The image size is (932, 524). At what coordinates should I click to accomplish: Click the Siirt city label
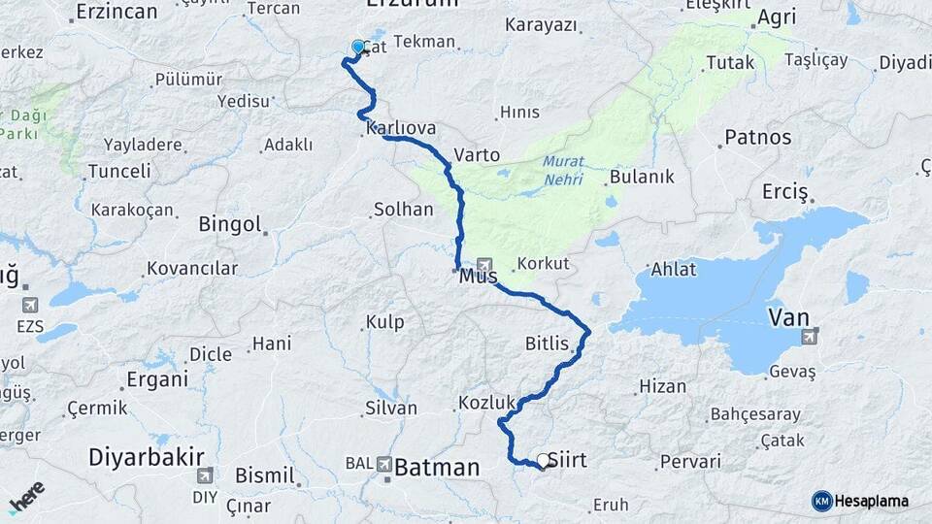pyautogui.click(x=568, y=460)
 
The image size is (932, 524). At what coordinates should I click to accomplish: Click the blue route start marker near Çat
pyautogui.click(x=358, y=47)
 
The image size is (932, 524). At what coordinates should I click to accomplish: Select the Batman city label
pyautogui.click(x=437, y=468)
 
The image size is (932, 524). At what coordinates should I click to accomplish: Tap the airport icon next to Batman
pyautogui.click(x=384, y=466)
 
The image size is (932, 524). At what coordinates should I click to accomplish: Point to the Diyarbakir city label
pyautogui.click(x=147, y=456)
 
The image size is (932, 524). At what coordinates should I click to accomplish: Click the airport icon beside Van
pyautogui.click(x=809, y=336)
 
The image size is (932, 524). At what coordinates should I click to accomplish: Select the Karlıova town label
pyautogui.click(x=401, y=128)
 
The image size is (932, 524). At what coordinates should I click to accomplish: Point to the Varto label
pyautogui.click(x=477, y=155)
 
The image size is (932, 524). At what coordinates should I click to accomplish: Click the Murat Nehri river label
pyautogui.click(x=563, y=171)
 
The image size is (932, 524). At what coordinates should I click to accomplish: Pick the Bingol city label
pyautogui.click(x=230, y=224)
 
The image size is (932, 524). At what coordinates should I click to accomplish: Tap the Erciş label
pyautogui.click(x=785, y=192)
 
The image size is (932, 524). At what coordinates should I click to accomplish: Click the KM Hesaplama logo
pyautogui.click(x=860, y=501)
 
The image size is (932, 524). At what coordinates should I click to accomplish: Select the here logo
pyautogui.click(x=27, y=496)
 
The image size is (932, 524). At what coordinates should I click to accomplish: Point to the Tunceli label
pyautogui.click(x=119, y=171)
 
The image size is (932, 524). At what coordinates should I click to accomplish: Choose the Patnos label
pyautogui.click(x=758, y=138)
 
